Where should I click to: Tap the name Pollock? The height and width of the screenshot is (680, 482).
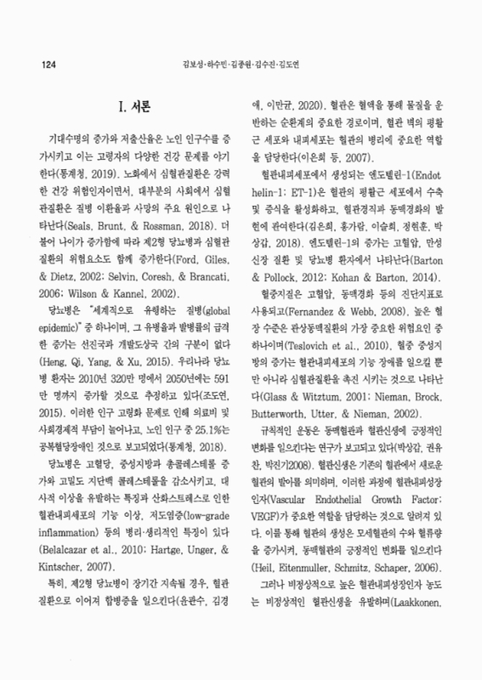tap(280, 205)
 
